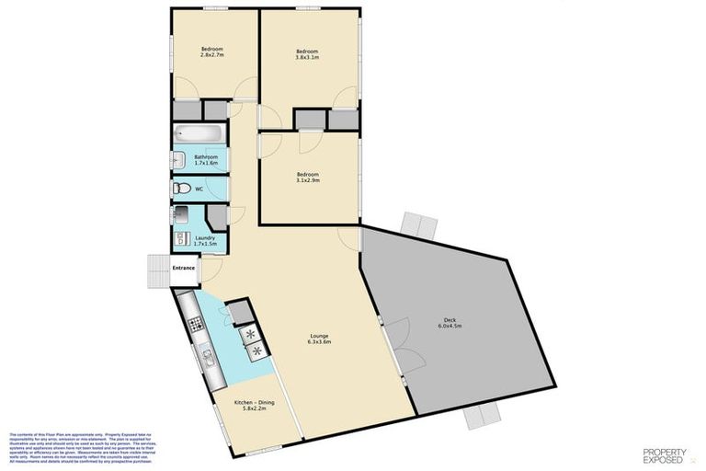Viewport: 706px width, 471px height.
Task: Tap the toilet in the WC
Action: click(x=183, y=189)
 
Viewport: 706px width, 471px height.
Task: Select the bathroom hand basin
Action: click(x=179, y=161)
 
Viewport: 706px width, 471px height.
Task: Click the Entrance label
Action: click(x=184, y=268)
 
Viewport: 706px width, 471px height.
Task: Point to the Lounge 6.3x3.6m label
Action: click(x=319, y=339)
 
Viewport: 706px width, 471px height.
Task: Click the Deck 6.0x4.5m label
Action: click(x=449, y=323)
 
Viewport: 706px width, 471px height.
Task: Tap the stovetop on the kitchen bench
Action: click(x=195, y=323)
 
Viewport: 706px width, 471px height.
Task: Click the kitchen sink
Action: click(x=207, y=356)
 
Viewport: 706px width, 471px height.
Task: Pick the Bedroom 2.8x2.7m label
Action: click(x=212, y=52)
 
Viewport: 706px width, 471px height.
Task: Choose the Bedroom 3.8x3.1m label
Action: click(x=307, y=54)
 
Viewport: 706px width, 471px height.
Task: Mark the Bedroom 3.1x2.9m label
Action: click(x=307, y=178)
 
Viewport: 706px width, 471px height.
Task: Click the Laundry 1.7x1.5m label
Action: click(x=205, y=241)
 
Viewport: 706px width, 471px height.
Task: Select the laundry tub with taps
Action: click(x=182, y=217)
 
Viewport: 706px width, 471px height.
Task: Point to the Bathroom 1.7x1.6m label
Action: click(x=206, y=160)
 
